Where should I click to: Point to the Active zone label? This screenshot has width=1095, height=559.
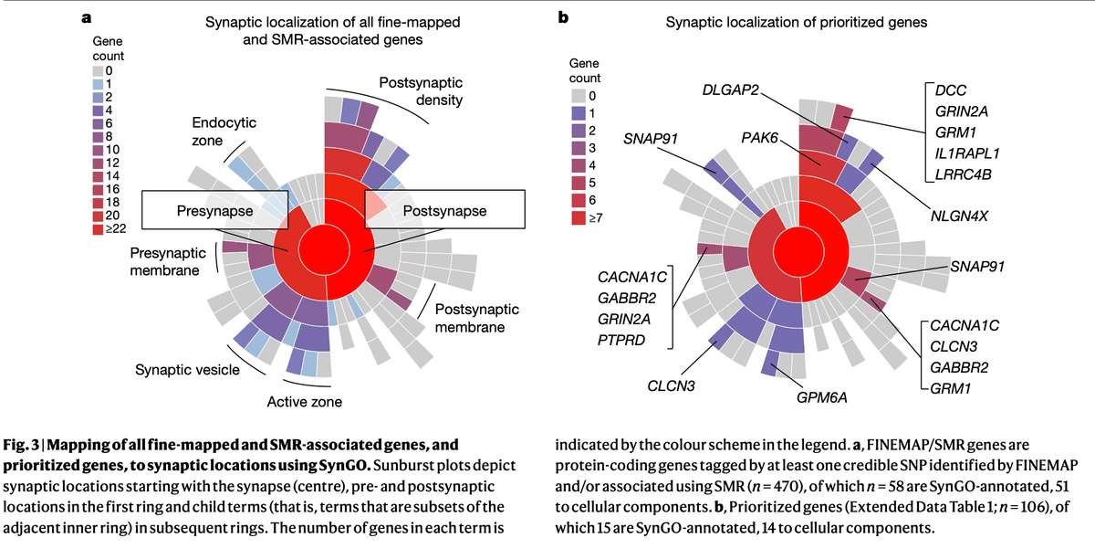[x=304, y=402]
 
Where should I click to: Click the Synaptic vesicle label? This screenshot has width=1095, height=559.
[x=187, y=370]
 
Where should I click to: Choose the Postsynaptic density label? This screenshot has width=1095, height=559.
[x=422, y=90]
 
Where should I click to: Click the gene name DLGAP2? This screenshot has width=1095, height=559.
[x=734, y=90]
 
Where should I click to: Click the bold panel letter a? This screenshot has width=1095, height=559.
[x=86, y=16]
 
